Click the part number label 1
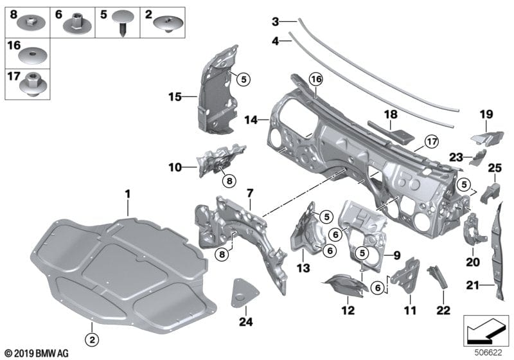(x=127, y=192)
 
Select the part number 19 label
(x=486, y=114)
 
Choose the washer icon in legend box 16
(x=31, y=55)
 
